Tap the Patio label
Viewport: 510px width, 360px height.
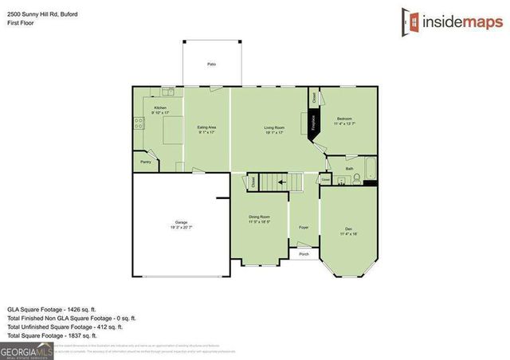point(212,63)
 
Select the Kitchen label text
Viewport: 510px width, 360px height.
point(160,107)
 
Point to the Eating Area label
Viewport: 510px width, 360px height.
point(207,127)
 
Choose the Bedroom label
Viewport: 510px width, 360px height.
point(343,118)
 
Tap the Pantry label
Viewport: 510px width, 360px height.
point(145,162)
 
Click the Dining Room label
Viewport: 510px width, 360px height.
point(259,217)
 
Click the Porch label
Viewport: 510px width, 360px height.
point(304,255)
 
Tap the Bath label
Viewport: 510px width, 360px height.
point(349,168)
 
